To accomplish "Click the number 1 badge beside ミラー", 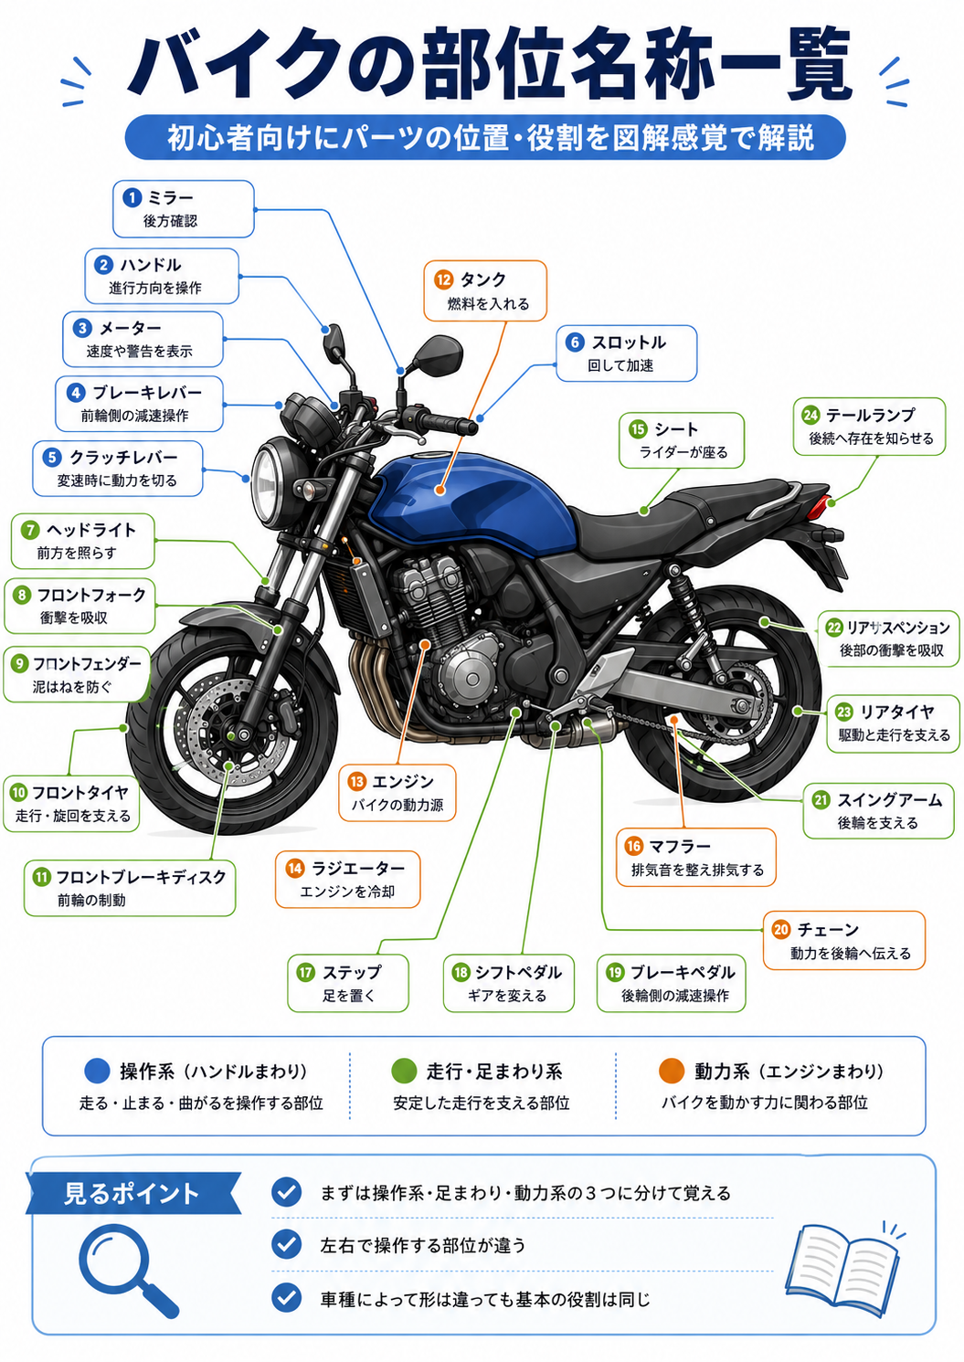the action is (x=132, y=197).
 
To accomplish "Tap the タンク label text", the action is (x=482, y=280).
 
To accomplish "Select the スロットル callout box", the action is (x=627, y=354).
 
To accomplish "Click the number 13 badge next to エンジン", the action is (x=356, y=781).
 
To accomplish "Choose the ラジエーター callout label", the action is (x=348, y=879).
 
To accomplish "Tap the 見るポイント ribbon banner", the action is (x=132, y=1193).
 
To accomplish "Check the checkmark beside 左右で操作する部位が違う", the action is (x=287, y=1244).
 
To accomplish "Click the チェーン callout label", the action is (x=844, y=940).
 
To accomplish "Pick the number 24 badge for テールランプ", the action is (x=810, y=416).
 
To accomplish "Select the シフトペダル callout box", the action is (x=508, y=983).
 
